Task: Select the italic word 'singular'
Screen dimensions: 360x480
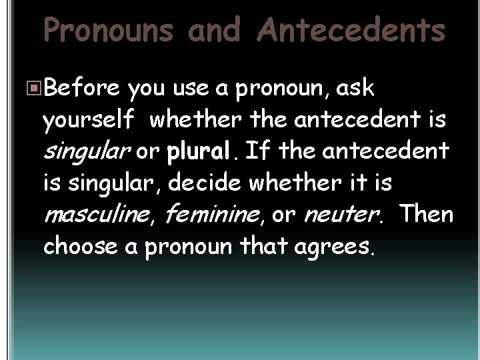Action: [85, 151]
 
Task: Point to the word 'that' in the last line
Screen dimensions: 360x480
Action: [257, 246]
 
